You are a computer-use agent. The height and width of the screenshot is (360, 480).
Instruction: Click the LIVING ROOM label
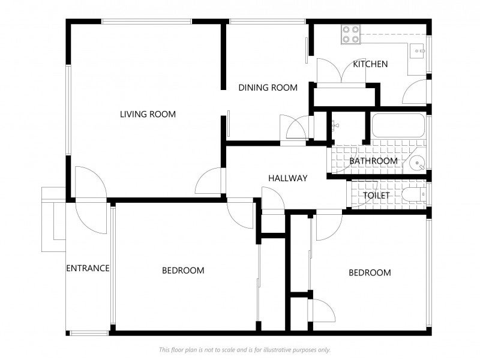(x=148, y=114)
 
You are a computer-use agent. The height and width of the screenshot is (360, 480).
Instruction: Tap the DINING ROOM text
(x=268, y=88)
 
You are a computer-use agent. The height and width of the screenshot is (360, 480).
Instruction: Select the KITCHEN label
(x=370, y=64)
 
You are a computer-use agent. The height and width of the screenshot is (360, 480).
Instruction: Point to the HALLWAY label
(x=288, y=178)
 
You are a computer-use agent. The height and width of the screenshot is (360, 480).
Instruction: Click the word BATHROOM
(x=373, y=161)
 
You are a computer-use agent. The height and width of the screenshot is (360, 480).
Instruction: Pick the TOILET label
(x=376, y=196)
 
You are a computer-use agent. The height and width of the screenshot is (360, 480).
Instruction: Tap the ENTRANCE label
(x=88, y=268)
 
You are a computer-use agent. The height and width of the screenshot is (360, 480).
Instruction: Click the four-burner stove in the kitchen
(x=351, y=34)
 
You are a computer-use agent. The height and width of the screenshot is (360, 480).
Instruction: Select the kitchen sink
(x=417, y=50)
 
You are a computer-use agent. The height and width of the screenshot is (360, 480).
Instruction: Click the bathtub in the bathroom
(x=398, y=125)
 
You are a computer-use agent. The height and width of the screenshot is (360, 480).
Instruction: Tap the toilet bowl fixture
(x=414, y=194)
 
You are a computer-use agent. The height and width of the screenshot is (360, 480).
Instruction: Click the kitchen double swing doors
(x=341, y=70)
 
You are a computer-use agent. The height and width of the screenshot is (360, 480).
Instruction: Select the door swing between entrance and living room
(x=91, y=200)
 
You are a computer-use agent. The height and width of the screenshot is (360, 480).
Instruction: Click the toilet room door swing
(x=364, y=194)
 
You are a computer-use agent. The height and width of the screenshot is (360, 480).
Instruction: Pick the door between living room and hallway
(x=208, y=181)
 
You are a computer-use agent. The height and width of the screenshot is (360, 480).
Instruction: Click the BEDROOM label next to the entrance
(x=183, y=271)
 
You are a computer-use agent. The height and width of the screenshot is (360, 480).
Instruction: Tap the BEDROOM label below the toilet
(x=370, y=272)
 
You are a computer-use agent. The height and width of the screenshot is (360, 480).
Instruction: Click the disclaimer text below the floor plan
(x=245, y=350)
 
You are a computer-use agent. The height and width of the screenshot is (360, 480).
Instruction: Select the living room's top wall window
(x=146, y=22)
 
